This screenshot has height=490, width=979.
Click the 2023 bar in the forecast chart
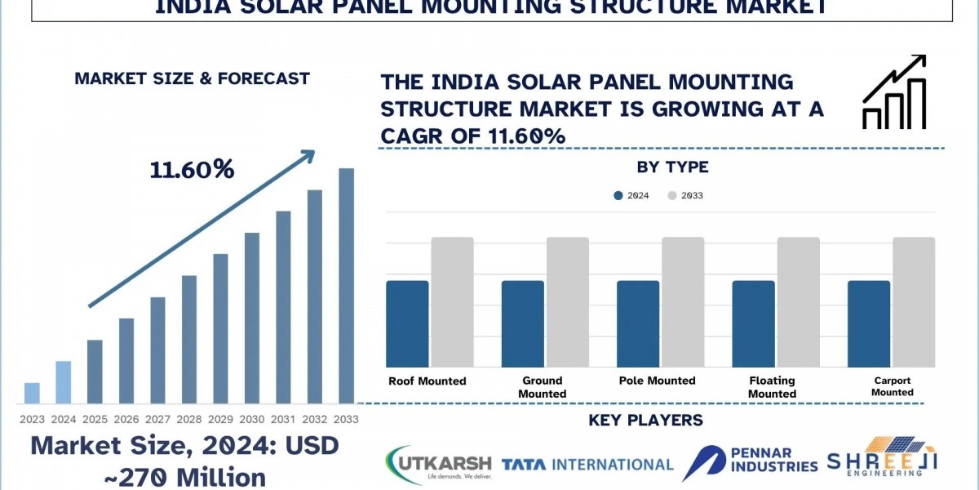click(32, 393)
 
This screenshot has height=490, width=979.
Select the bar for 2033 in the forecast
click(347, 286)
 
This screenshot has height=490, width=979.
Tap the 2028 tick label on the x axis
click(189, 419)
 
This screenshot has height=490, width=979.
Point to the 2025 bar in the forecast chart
click(95, 372)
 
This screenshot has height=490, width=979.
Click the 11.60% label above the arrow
click(192, 170)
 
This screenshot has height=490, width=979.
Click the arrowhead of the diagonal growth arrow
click(308, 154)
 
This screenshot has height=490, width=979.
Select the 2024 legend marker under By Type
click(618, 196)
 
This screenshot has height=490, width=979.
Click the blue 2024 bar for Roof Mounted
click(407, 323)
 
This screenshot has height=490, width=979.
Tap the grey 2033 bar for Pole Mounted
click(683, 302)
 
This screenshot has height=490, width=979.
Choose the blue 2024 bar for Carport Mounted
click(869, 323)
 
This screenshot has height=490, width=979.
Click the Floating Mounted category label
click(772, 387)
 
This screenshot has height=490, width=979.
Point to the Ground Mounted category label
click(542, 387)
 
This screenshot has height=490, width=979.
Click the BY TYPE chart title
click(672, 167)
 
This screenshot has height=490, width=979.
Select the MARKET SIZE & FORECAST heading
click(192, 79)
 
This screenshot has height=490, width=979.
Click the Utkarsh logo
click(436, 465)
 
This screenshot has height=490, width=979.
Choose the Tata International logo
click(587, 465)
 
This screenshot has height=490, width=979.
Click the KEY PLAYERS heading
click(645, 421)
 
